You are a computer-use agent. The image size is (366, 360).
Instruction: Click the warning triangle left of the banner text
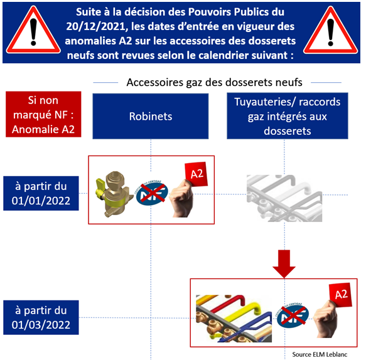tap(33, 30)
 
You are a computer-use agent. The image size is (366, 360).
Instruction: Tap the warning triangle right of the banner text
tap(330, 30)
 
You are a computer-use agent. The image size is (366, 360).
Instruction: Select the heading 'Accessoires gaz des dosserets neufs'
tap(214, 82)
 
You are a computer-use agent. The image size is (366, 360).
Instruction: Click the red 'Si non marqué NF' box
tap(43, 114)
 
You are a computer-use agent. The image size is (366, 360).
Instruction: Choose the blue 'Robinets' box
tap(151, 116)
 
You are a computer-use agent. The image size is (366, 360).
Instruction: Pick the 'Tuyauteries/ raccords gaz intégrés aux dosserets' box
tap(288, 116)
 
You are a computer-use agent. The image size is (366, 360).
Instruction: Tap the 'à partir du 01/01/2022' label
tap(41, 193)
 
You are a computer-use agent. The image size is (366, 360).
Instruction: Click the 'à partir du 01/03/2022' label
tap(41, 317)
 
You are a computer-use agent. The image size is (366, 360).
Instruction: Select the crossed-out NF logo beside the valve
tap(152, 193)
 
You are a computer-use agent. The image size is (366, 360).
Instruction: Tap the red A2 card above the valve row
tap(196, 174)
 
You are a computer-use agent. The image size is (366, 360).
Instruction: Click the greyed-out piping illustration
tap(284, 198)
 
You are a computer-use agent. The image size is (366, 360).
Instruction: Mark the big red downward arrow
tap(284, 264)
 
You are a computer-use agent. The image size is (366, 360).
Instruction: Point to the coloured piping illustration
tap(234, 319)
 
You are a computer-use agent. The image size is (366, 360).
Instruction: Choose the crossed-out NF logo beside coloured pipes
tap(293, 315)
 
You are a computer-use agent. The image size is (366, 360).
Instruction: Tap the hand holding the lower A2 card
tap(326, 319)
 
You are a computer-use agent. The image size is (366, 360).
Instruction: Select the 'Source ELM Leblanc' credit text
tap(320, 354)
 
